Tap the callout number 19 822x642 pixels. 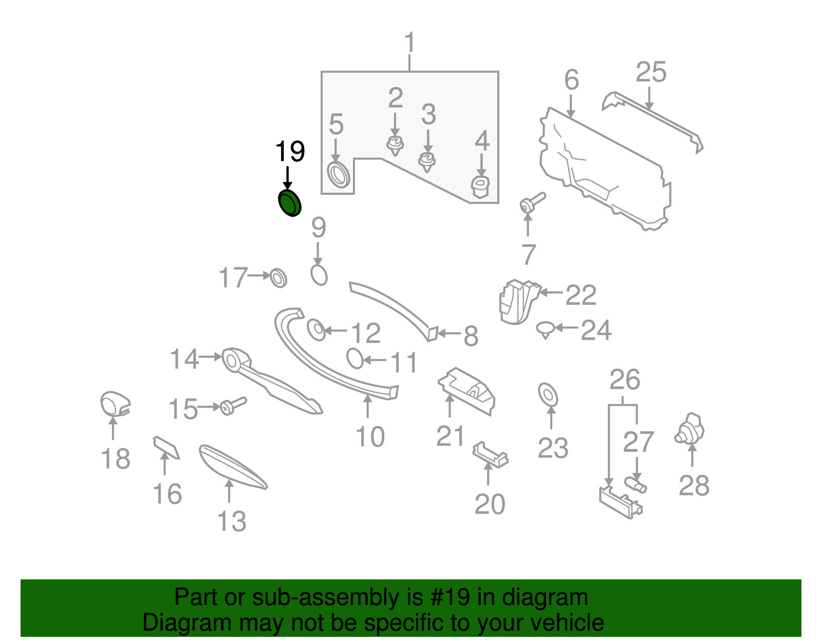290,152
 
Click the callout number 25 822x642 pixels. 651,72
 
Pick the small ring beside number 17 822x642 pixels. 278,278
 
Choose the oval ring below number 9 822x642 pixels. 319,274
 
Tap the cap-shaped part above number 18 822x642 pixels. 114,403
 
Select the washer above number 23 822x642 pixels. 548,394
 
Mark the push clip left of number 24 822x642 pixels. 545,329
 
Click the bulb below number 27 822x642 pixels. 636,484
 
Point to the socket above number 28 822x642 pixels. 690,429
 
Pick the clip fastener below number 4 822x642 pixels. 480,186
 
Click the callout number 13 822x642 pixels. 232,522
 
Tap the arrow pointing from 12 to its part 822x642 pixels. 336,331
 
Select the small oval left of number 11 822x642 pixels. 354,358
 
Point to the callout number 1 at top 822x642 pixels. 409,43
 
